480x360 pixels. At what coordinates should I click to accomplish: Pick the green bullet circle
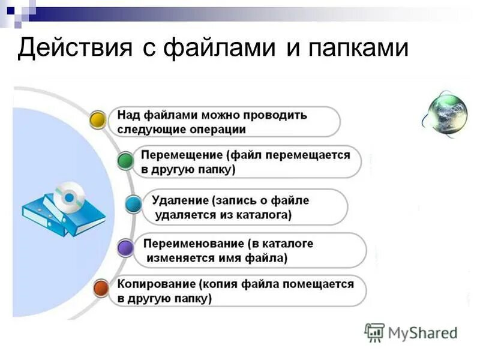pyautogui.click(x=125, y=161)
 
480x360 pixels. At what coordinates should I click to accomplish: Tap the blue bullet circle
pyautogui.click(x=133, y=204)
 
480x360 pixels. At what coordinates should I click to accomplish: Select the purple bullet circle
pyautogui.click(x=125, y=247)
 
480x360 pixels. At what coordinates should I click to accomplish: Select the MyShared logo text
pyautogui.click(x=422, y=332)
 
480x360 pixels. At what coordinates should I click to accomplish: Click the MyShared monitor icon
pyautogui.click(x=374, y=332)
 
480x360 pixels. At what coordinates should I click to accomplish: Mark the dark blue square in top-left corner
pyautogui.click(x=10, y=9)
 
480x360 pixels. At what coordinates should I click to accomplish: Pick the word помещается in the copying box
pyautogui.click(x=323, y=284)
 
